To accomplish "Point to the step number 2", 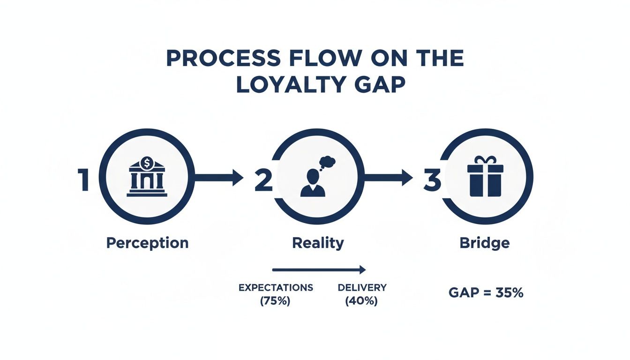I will tap(263, 180).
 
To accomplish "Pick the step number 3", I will tap(432, 180).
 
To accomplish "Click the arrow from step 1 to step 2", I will tap(218, 177).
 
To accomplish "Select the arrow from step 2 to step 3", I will tap(388, 177).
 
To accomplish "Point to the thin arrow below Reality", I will tap(319, 270).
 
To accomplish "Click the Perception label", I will tap(147, 243).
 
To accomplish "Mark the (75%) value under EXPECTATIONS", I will tap(275, 301).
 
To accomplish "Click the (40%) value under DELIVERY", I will tap(361, 301).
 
